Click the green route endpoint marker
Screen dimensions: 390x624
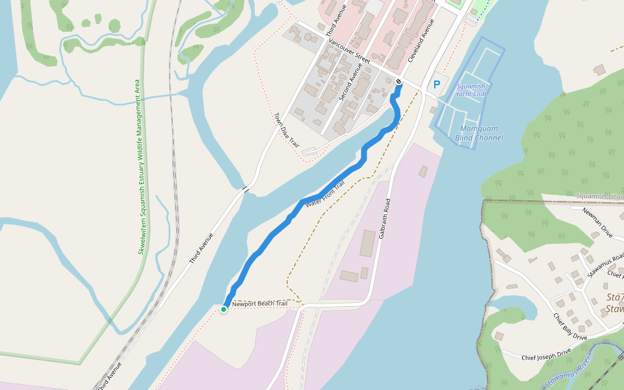click(x=224, y=309)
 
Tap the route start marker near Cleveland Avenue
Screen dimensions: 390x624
click(x=398, y=81)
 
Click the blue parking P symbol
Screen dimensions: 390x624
click(x=437, y=84)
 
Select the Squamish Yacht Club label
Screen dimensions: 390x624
click(x=471, y=90)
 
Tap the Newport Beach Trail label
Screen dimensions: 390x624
click(x=259, y=304)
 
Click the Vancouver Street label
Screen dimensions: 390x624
click(x=349, y=51)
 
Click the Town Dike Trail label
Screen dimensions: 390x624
click(x=286, y=130)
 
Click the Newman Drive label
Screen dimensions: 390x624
click(x=597, y=221)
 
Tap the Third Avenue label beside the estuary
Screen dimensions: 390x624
click(x=201, y=248)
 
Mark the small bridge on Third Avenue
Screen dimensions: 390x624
click(x=246, y=189)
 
